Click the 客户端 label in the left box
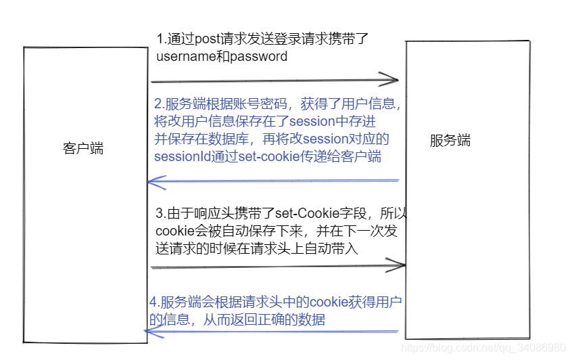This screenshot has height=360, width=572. [83, 149]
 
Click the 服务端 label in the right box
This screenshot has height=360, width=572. [450, 141]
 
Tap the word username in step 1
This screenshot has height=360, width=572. [185, 56]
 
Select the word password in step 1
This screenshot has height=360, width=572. [259, 56]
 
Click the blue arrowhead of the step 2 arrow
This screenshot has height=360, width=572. [153, 181]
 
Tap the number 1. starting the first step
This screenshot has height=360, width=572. [160, 39]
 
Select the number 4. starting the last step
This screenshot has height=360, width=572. [153, 302]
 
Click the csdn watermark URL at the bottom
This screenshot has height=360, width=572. [483, 347]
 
